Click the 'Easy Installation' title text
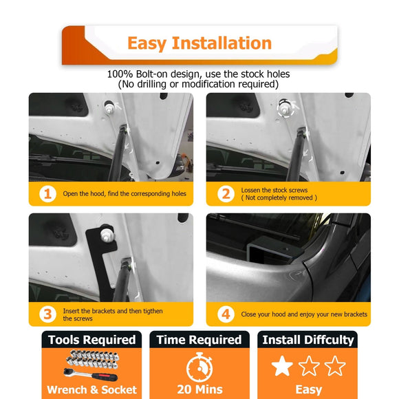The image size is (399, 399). (199, 43)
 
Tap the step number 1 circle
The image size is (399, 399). (47, 194)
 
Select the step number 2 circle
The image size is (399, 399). (225, 194)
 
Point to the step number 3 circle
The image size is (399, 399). (47, 314)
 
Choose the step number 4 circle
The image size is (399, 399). (225, 314)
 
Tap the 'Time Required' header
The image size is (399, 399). (199, 340)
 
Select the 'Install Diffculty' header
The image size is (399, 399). (308, 340)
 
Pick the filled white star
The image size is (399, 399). (282, 366)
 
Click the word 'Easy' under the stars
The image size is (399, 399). (308, 390)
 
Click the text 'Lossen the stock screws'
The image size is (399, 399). (274, 190)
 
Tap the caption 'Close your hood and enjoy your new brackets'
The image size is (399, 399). (303, 314)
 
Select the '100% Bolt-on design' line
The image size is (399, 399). (199, 74)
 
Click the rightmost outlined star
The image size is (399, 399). (334, 366)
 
